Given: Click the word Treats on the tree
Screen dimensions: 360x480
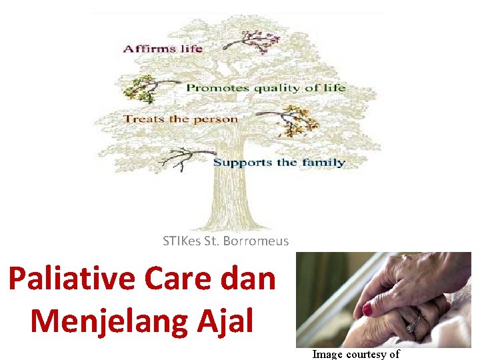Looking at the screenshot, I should click(142, 119).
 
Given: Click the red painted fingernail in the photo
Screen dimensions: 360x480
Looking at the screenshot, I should click(368, 309).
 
